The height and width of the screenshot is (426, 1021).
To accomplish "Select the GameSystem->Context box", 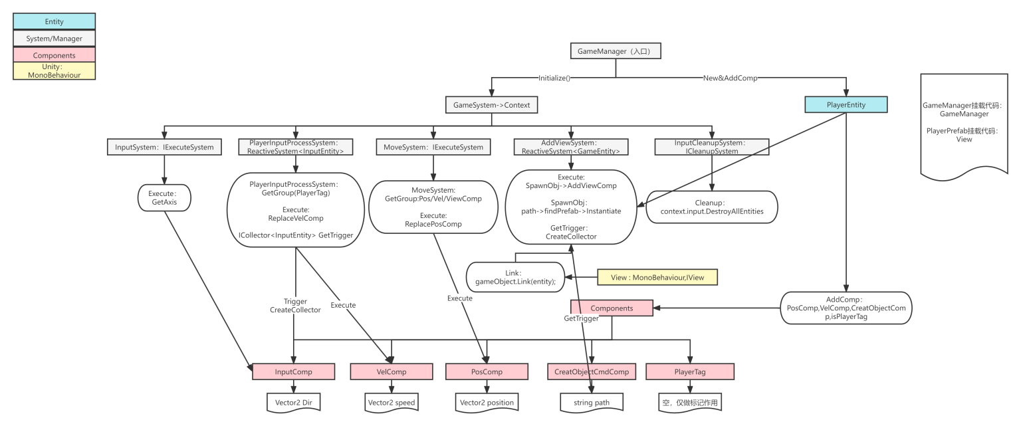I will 491,104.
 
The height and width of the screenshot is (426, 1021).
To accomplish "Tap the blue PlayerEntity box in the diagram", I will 846,104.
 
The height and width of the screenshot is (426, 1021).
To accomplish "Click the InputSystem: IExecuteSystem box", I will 163,146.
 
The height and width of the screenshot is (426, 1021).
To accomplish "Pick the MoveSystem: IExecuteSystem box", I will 433,146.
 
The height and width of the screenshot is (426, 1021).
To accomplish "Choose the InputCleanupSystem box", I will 711,147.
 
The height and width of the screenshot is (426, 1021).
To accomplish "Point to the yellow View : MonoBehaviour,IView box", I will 659,278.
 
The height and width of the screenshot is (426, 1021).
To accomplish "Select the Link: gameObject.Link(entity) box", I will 515,278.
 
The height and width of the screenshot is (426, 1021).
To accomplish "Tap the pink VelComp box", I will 392,371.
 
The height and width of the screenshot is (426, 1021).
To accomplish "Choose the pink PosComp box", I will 487,371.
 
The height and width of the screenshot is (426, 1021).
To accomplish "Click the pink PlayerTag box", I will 690,371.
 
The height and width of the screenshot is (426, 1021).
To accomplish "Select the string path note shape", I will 590,402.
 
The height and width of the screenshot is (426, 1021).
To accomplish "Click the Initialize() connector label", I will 554,77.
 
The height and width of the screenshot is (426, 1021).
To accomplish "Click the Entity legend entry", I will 55,22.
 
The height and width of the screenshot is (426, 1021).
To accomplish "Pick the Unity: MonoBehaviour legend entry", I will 55,70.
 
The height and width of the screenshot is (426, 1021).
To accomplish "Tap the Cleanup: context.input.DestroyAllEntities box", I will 711,206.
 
